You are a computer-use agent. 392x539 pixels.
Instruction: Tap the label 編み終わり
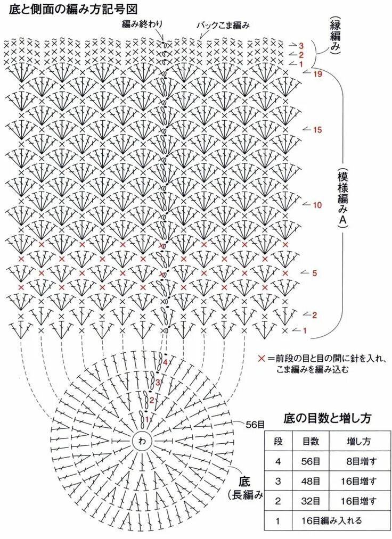coord(142,23)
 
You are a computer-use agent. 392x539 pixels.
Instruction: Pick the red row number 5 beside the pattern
coord(315,273)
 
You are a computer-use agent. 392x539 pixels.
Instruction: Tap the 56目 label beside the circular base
coord(255,424)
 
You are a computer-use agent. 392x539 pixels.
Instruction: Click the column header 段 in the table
coord(277,442)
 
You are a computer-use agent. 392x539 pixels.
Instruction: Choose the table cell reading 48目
coord(311,482)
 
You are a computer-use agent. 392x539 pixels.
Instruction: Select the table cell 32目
coord(311,501)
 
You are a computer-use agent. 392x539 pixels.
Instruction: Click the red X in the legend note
coord(261,359)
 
